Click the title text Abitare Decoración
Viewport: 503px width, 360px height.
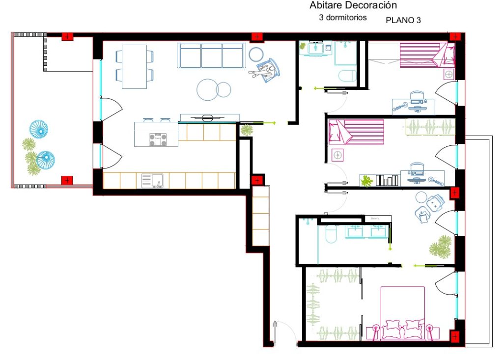353,6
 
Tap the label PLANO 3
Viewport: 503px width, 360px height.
403,20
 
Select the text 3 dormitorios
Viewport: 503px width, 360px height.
343,17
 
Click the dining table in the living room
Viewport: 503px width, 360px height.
134,66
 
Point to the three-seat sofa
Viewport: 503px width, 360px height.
211,55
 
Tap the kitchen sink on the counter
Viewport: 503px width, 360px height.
152,181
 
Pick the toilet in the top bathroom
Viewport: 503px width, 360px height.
347,76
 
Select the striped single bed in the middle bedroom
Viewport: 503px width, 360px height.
356,132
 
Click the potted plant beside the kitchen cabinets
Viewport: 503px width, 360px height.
246,130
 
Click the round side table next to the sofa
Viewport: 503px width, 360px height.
256,54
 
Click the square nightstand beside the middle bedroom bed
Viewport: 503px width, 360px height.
338,155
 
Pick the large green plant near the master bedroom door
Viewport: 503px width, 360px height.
440,247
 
